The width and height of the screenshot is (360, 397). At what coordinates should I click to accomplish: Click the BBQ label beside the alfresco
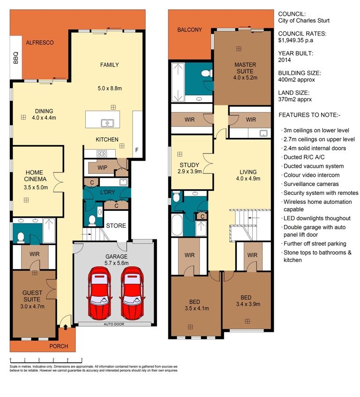coord(15,58)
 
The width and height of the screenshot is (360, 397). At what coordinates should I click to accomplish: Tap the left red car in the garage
coord(99,292)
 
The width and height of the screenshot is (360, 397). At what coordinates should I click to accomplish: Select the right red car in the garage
coord(132,292)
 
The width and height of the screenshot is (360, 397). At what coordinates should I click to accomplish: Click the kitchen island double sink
coord(107,123)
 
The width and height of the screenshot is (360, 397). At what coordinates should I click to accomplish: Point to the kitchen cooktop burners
coord(102,153)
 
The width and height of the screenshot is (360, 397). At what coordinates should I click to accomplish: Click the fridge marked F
coord(137,150)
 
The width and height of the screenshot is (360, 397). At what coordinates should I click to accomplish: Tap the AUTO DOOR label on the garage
coord(114,324)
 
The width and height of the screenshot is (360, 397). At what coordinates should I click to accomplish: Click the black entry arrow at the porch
coord(65,327)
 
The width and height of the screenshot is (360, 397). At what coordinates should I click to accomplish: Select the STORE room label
coord(116,225)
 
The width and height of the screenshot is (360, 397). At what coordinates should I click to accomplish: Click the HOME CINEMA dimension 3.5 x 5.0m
coord(36,187)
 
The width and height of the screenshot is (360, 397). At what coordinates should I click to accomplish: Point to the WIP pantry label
coord(102,168)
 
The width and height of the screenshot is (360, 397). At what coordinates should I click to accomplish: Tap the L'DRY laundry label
coord(108,192)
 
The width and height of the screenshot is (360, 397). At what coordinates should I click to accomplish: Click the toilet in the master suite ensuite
coord(207,74)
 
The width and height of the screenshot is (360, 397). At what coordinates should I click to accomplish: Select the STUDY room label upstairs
coord(189,165)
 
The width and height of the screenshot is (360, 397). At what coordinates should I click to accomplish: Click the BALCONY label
coord(190,30)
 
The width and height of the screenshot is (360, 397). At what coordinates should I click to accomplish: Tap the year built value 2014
coord(285,60)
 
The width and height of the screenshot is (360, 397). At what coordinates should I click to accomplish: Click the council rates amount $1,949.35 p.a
coord(296,40)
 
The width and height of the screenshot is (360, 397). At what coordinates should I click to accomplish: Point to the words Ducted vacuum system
coord(314,166)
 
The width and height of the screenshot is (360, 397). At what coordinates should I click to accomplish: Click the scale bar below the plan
coord(46,360)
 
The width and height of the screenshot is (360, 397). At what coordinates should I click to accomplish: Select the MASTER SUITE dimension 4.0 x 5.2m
coord(245,78)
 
